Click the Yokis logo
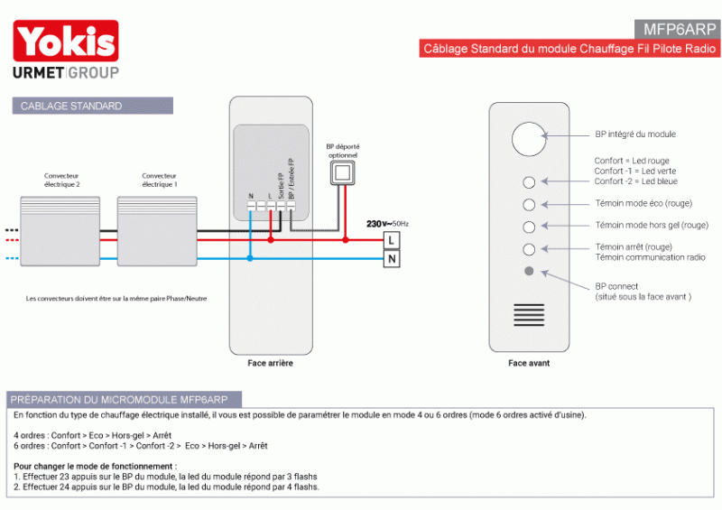pyautogui.click(x=65, y=42)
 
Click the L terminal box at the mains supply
pyautogui.click(x=392, y=240)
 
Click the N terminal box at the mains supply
pyautogui.click(x=392, y=260)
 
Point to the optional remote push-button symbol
pyautogui.click(x=342, y=173)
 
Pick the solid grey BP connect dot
pyautogui.click(x=529, y=271)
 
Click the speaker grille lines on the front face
pyautogui.click(x=529, y=315)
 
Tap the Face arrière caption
pyautogui.click(x=270, y=364)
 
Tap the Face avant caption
pyautogui.click(x=529, y=364)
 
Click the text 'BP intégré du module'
pyautogui.click(x=634, y=134)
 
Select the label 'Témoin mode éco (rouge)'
pyautogui.click(x=643, y=204)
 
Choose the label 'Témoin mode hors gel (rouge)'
pyautogui.click(x=650, y=225)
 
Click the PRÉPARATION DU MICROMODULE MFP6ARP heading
pyautogui.click(x=124, y=399)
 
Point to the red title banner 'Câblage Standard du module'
pyautogui.click(x=569, y=49)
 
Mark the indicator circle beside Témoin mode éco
pyautogui.click(x=529, y=205)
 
